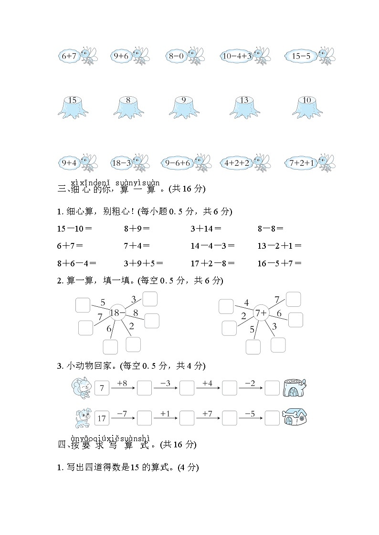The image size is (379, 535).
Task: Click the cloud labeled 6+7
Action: [x=69, y=56]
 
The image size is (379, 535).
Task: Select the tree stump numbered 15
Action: [x=73, y=107]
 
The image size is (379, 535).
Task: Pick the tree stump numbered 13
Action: [x=244, y=107]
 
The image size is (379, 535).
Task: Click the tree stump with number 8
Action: [x=128, y=107]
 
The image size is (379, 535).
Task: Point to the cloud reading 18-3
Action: [x=122, y=163]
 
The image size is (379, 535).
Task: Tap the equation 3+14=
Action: [x=206, y=228]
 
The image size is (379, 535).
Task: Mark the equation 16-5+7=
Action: [x=279, y=263]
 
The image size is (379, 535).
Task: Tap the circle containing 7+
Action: [x=261, y=313]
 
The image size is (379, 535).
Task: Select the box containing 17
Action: [x=102, y=418]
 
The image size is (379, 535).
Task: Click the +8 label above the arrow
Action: [x=121, y=383]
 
